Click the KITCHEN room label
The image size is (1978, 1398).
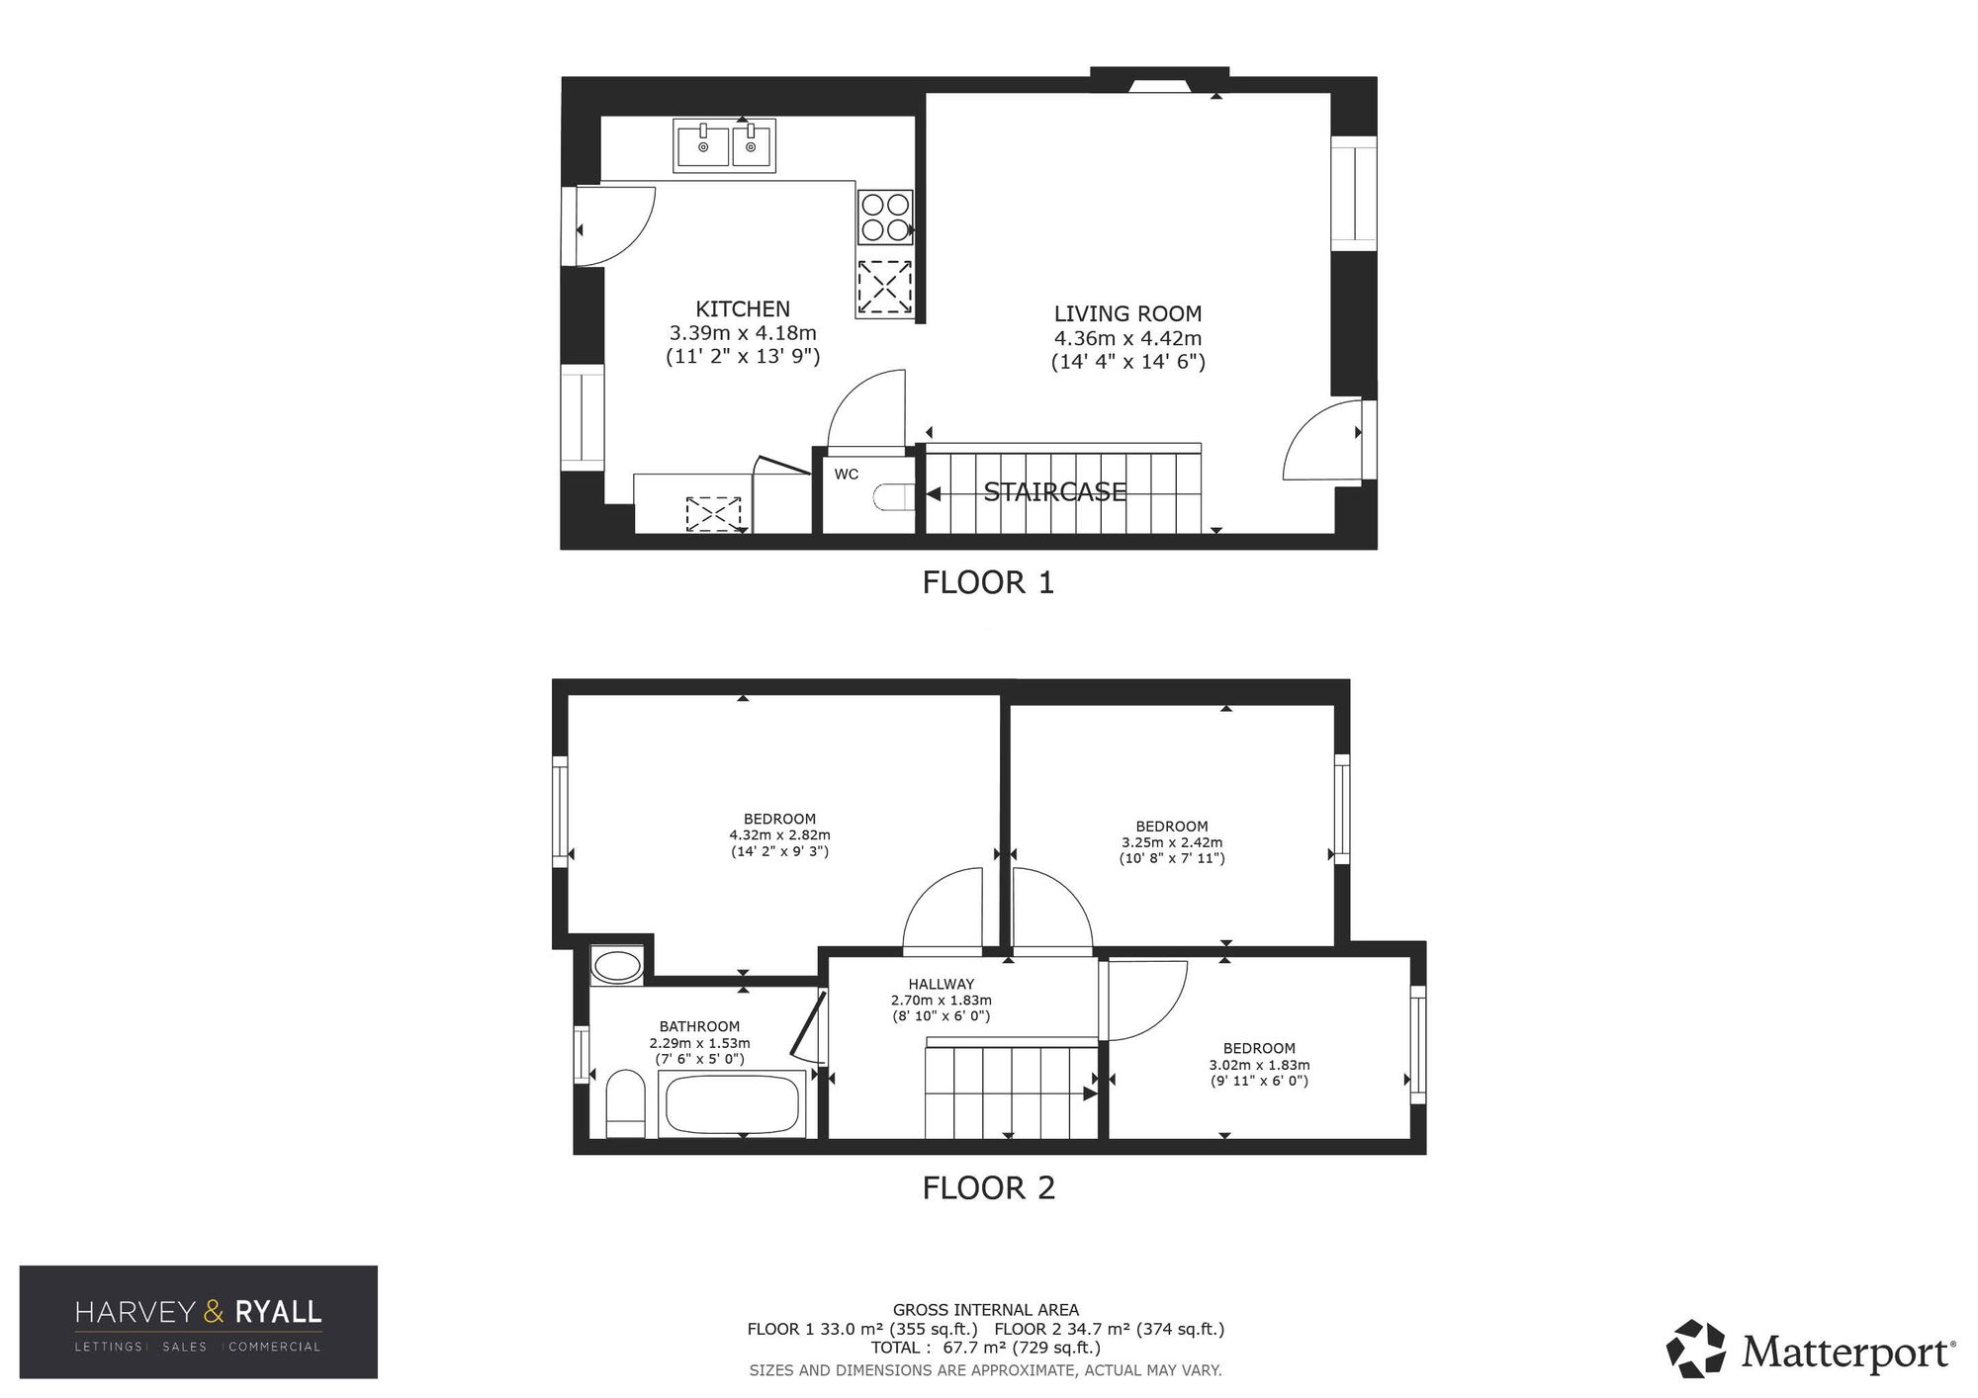[743, 308]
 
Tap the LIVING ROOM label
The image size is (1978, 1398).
[1127, 313]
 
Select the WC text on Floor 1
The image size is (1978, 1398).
[847, 475]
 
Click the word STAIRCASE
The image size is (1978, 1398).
[1054, 491]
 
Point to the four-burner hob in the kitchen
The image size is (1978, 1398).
[884, 218]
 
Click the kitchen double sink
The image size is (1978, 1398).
[725, 146]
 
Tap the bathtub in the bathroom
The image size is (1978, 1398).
[732, 1104]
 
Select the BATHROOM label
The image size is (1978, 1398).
[699, 1026]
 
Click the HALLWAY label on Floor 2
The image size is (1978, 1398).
[942, 984]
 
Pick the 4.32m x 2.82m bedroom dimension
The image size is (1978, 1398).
[779, 835]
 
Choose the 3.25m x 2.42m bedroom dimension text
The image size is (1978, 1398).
[1172, 842]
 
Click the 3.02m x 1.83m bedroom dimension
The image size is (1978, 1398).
[1259, 1065]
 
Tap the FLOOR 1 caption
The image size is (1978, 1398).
[988, 582]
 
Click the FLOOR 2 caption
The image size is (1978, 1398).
[988, 1187]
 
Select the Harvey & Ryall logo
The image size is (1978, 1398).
[199, 1322]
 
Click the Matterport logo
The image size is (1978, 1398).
[1811, 1350]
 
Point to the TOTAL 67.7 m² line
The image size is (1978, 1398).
[985, 1347]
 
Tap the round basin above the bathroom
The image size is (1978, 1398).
[617, 966]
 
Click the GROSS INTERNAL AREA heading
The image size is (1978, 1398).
[985, 1310]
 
